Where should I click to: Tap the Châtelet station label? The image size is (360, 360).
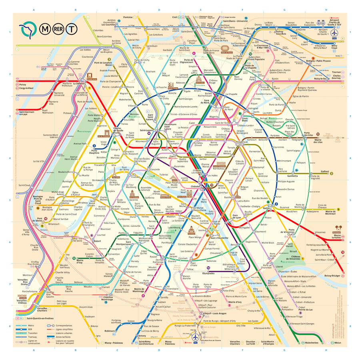pyautogui.click(x=195, y=186)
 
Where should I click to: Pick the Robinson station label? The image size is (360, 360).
pyautogui.click(x=110, y=331)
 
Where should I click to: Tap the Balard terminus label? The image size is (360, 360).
pyautogui.click(x=97, y=241)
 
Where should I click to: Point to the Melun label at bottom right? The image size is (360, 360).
pyautogui.click(x=338, y=342)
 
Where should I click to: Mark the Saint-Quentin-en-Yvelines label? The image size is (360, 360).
pyautogui.click(x=46, y=318)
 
